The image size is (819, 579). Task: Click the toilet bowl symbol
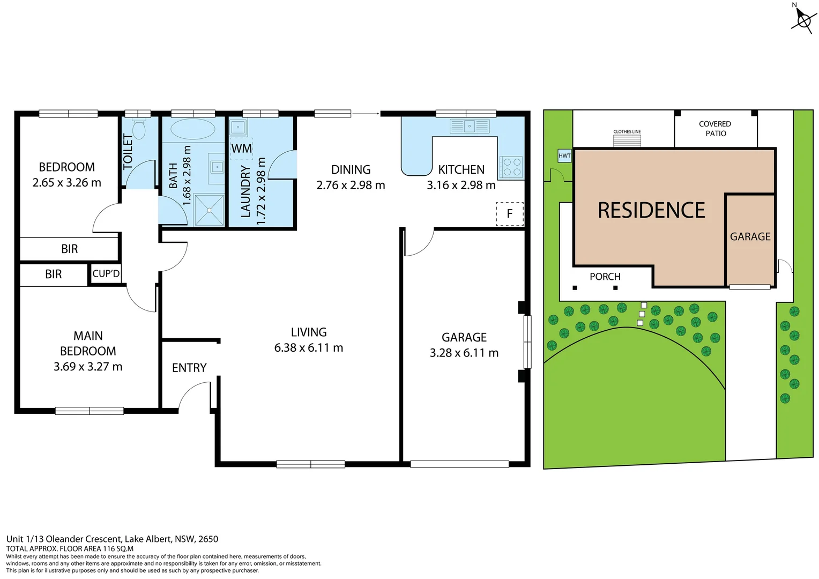click(x=139, y=129)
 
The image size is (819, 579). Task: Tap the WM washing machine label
click(x=241, y=149)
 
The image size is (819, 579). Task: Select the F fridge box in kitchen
click(x=509, y=214)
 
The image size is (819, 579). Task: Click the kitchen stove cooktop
click(x=512, y=167)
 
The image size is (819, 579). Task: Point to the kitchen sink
click(x=470, y=127)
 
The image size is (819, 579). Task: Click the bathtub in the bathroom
click(x=192, y=129)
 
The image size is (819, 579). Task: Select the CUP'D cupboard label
click(x=106, y=274)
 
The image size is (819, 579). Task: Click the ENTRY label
click(x=189, y=368)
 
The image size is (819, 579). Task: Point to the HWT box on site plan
click(x=564, y=156)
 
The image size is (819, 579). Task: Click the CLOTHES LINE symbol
click(x=627, y=140)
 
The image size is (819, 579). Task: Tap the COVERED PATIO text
click(x=715, y=129)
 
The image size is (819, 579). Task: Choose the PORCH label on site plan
click(x=605, y=277)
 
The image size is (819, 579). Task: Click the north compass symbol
click(x=803, y=20)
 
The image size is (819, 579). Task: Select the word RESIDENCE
click(x=651, y=210)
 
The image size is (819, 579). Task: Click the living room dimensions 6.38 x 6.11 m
click(x=308, y=348)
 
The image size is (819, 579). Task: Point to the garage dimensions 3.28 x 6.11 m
click(x=464, y=353)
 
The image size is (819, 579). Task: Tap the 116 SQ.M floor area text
click(x=112, y=548)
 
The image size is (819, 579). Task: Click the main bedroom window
click(x=90, y=411)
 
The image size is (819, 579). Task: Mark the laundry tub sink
click(x=237, y=128)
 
